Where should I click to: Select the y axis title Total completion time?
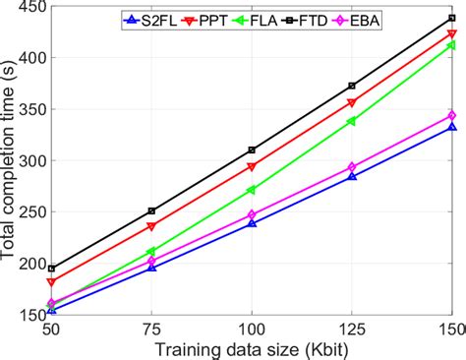click(x=9, y=162)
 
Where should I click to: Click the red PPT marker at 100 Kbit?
click(x=252, y=167)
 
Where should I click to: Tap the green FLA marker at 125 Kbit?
click(x=351, y=122)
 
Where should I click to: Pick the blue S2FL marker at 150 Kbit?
click(x=451, y=127)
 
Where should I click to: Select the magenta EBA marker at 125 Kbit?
click(x=351, y=168)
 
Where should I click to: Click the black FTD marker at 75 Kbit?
click(x=151, y=210)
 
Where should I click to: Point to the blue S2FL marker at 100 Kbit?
click(x=252, y=223)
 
